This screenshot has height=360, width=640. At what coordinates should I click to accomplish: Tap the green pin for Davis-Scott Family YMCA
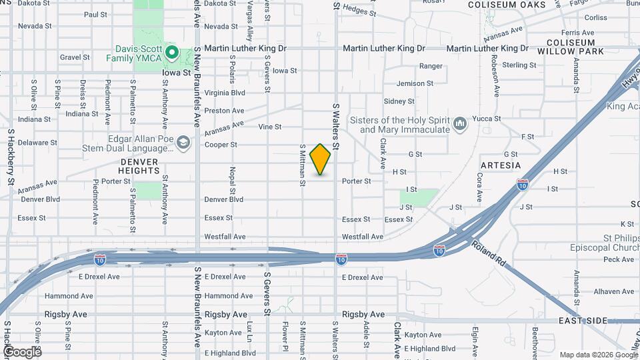coord(171,51)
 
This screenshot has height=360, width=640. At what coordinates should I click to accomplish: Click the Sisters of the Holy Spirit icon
coord(459,124)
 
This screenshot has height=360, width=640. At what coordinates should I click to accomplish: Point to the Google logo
coord(22,351)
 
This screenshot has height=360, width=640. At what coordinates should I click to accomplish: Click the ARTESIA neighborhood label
coord(500,165)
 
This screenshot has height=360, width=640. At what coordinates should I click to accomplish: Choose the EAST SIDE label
coord(583,321)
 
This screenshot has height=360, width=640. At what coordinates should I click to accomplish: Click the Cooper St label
coord(221,145)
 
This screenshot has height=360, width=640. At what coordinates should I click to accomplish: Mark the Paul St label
coord(96,14)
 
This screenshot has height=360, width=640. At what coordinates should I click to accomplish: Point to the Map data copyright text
coord(597,355)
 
